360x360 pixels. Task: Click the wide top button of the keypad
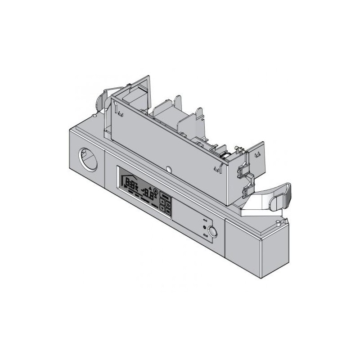pos(165,197)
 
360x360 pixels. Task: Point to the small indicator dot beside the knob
pos(205,227)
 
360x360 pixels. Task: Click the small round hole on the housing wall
pos(169,169)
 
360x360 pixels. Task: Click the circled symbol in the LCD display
pos(156,191)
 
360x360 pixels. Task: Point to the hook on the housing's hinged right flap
pos(258,154)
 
